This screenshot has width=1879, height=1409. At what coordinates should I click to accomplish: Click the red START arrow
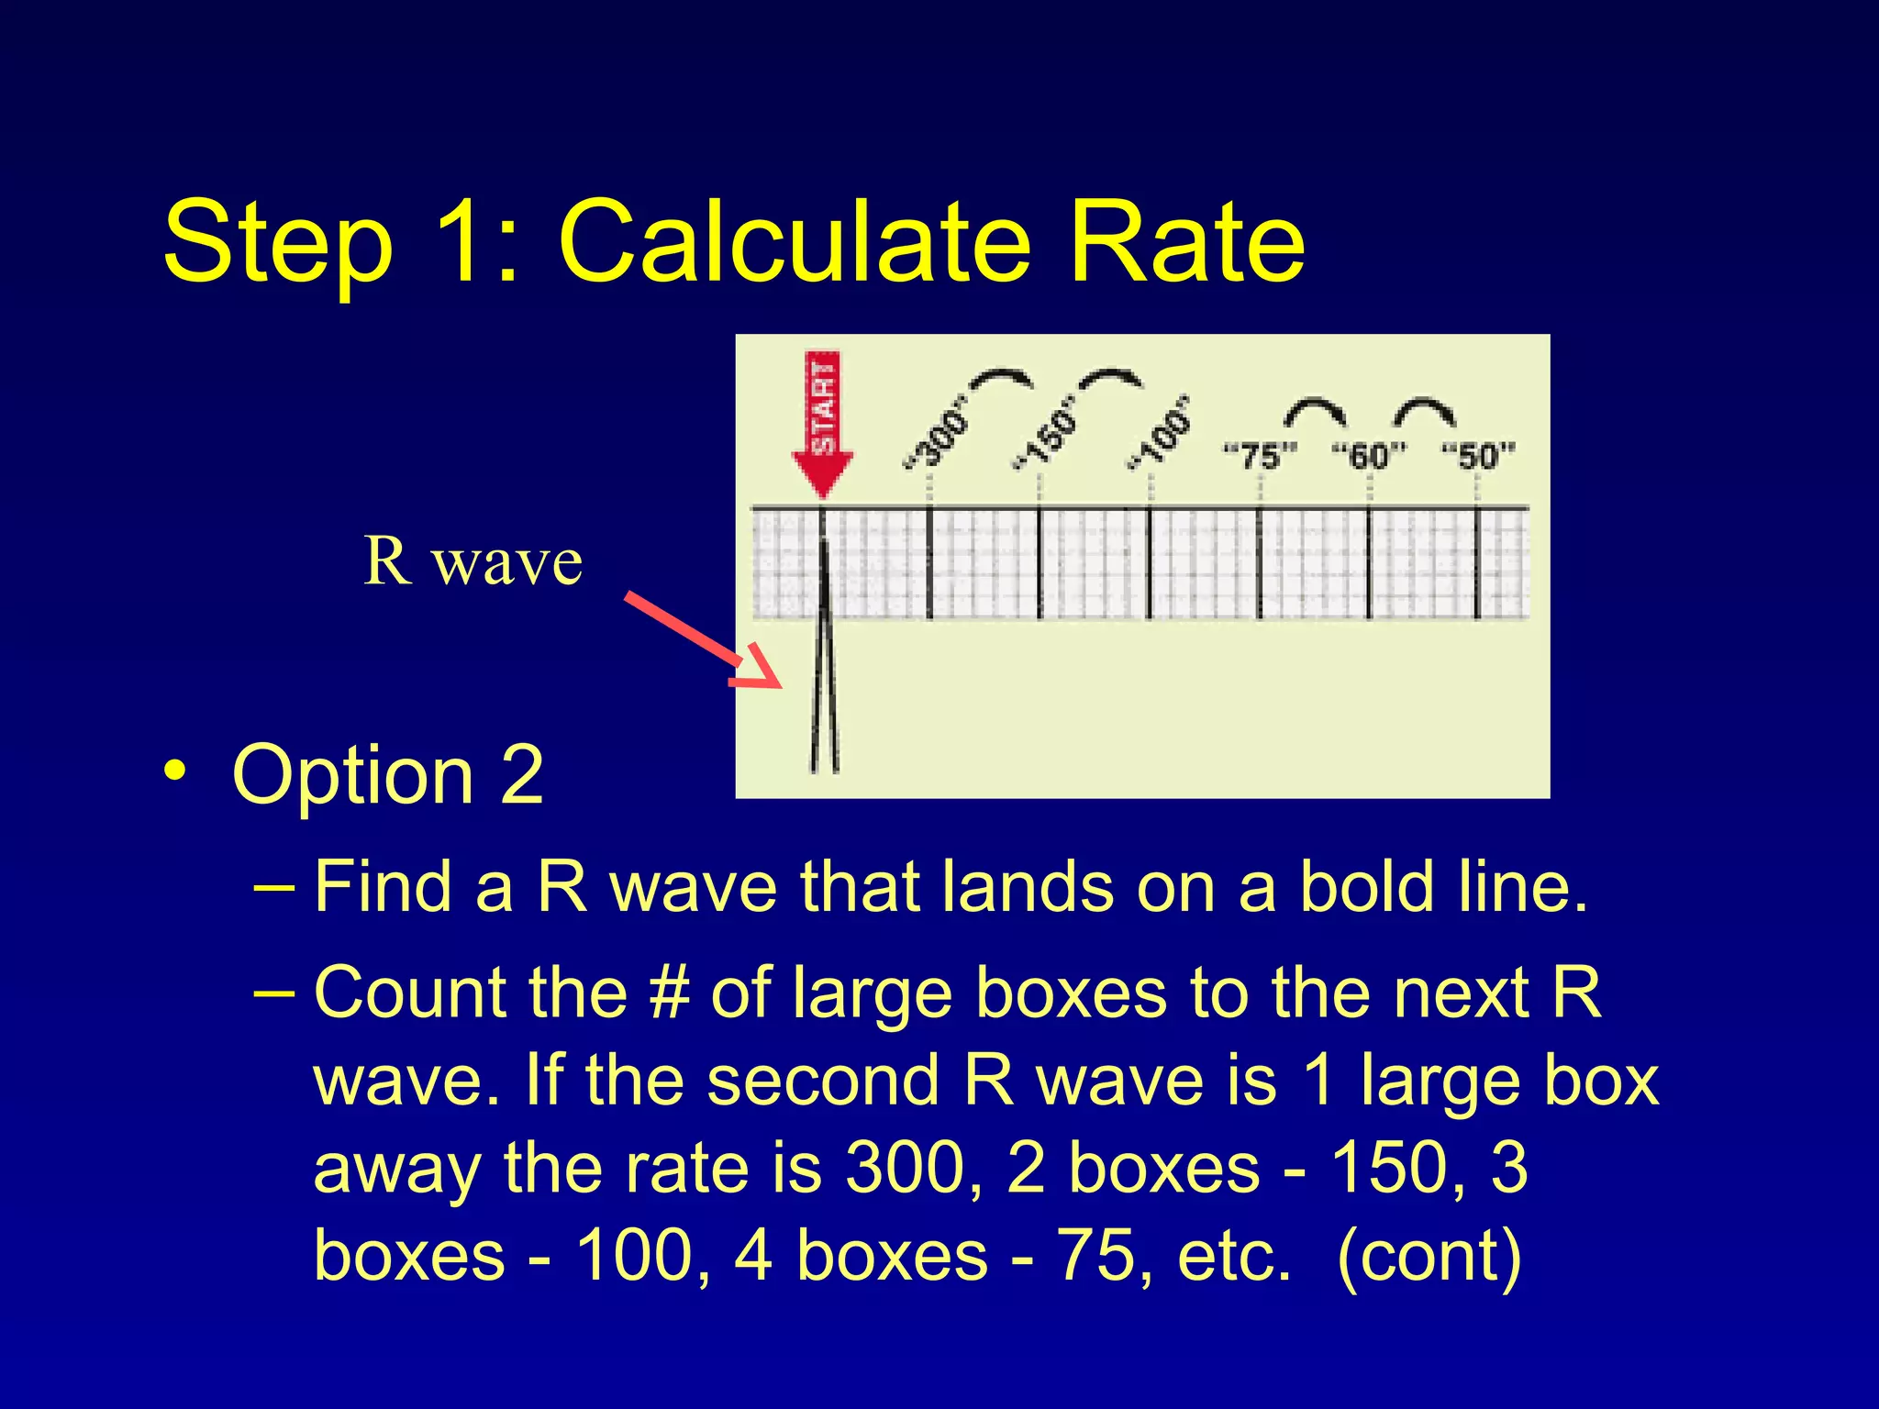[x=823, y=422]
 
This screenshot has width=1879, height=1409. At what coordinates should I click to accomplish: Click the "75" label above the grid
[x=1261, y=455]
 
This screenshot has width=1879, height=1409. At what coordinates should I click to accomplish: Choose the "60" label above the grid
[x=1369, y=455]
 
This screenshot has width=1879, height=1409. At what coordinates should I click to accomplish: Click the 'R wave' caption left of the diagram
[x=473, y=561]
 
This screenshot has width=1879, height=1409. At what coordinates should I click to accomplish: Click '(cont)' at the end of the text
[x=1429, y=1256]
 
